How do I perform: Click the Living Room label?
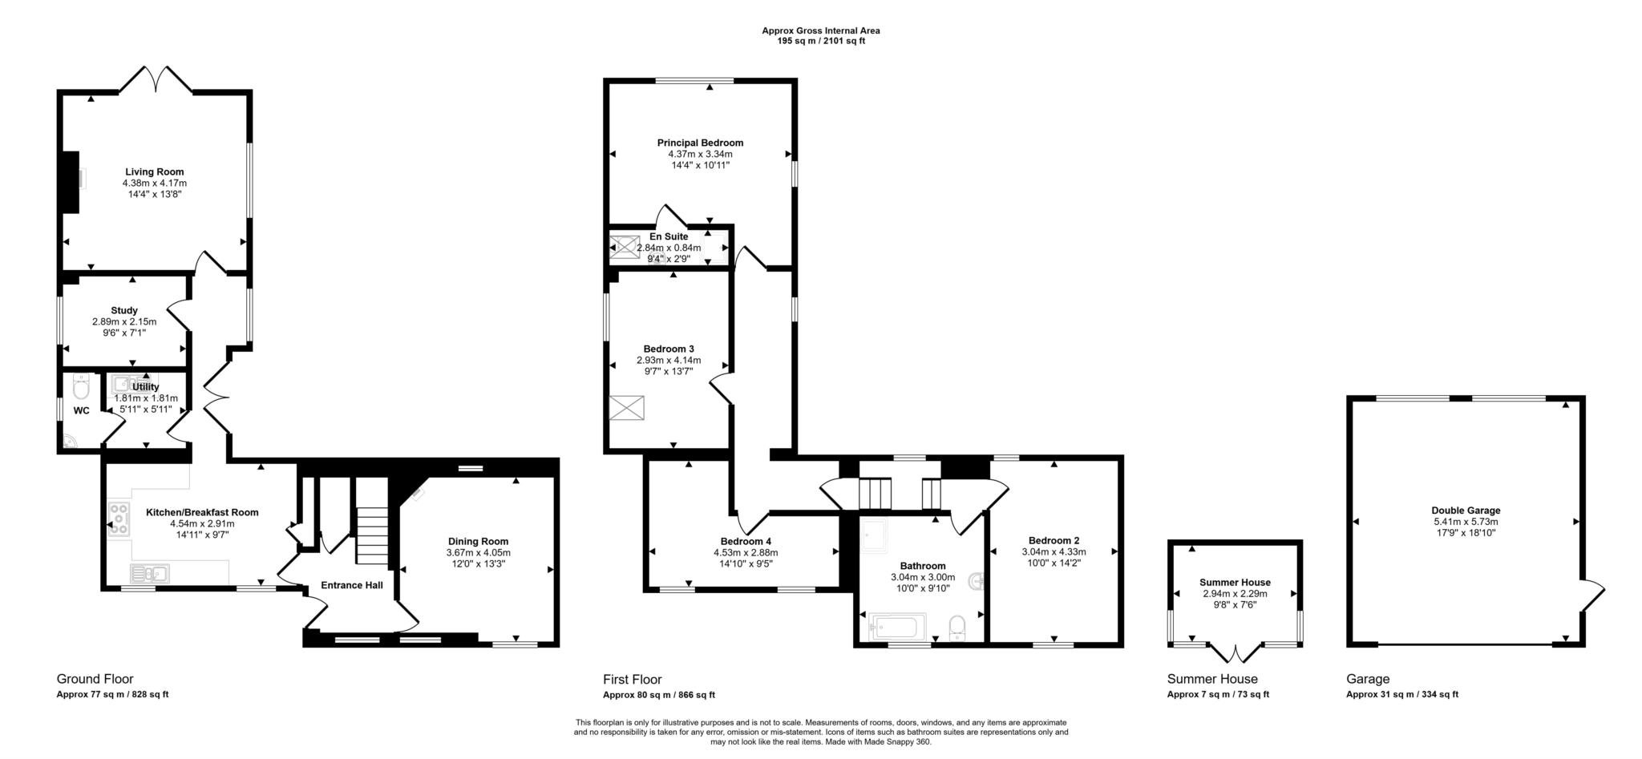154,172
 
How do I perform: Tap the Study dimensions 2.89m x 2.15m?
124,321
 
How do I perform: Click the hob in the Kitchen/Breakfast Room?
118,518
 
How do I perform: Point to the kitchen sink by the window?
149,573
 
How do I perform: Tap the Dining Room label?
478,541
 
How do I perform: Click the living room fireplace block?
71,182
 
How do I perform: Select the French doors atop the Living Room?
157,79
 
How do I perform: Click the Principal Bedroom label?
700,143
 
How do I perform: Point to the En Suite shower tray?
625,247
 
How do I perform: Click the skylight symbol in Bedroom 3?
626,408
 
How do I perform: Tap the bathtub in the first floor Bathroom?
897,626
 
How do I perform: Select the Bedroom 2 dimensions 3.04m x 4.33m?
1054,551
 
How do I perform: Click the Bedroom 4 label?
746,541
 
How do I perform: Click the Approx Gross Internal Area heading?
820,30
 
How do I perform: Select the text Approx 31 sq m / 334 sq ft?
1401,695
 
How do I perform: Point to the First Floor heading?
632,679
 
